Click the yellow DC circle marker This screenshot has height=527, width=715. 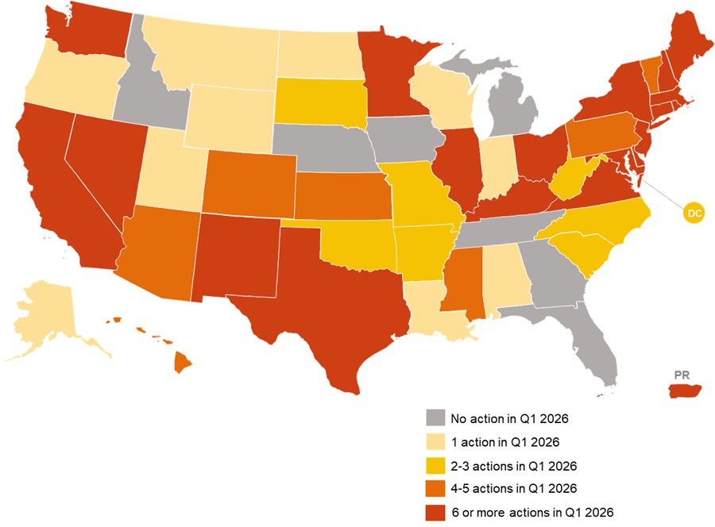click(694, 213)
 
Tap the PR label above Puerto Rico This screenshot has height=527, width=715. click(681, 374)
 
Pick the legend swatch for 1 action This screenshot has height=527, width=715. click(435, 441)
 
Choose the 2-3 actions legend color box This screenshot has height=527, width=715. click(435, 465)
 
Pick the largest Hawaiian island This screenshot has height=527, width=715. click(182, 364)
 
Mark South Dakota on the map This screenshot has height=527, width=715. click(321, 104)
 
